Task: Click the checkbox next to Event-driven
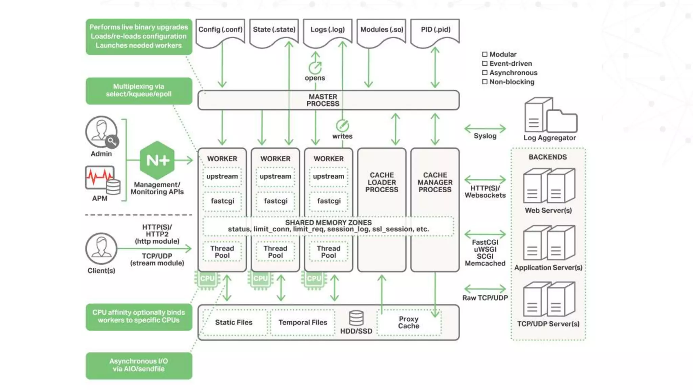(485, 64)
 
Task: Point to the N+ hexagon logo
(157, 160)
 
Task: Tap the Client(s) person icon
(101, 248)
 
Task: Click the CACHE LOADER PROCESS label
(382, 182)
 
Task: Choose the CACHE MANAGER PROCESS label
(435, 182)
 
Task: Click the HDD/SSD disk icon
(356, 318)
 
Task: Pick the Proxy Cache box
(409, 323)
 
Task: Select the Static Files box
(234, 323)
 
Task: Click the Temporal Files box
(303, 323)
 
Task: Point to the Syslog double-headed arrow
(485, 129)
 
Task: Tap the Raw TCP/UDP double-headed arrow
(485, 289)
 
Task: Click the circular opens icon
(315, 68)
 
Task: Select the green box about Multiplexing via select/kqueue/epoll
(139, 91)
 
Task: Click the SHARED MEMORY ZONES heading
(328, 222)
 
